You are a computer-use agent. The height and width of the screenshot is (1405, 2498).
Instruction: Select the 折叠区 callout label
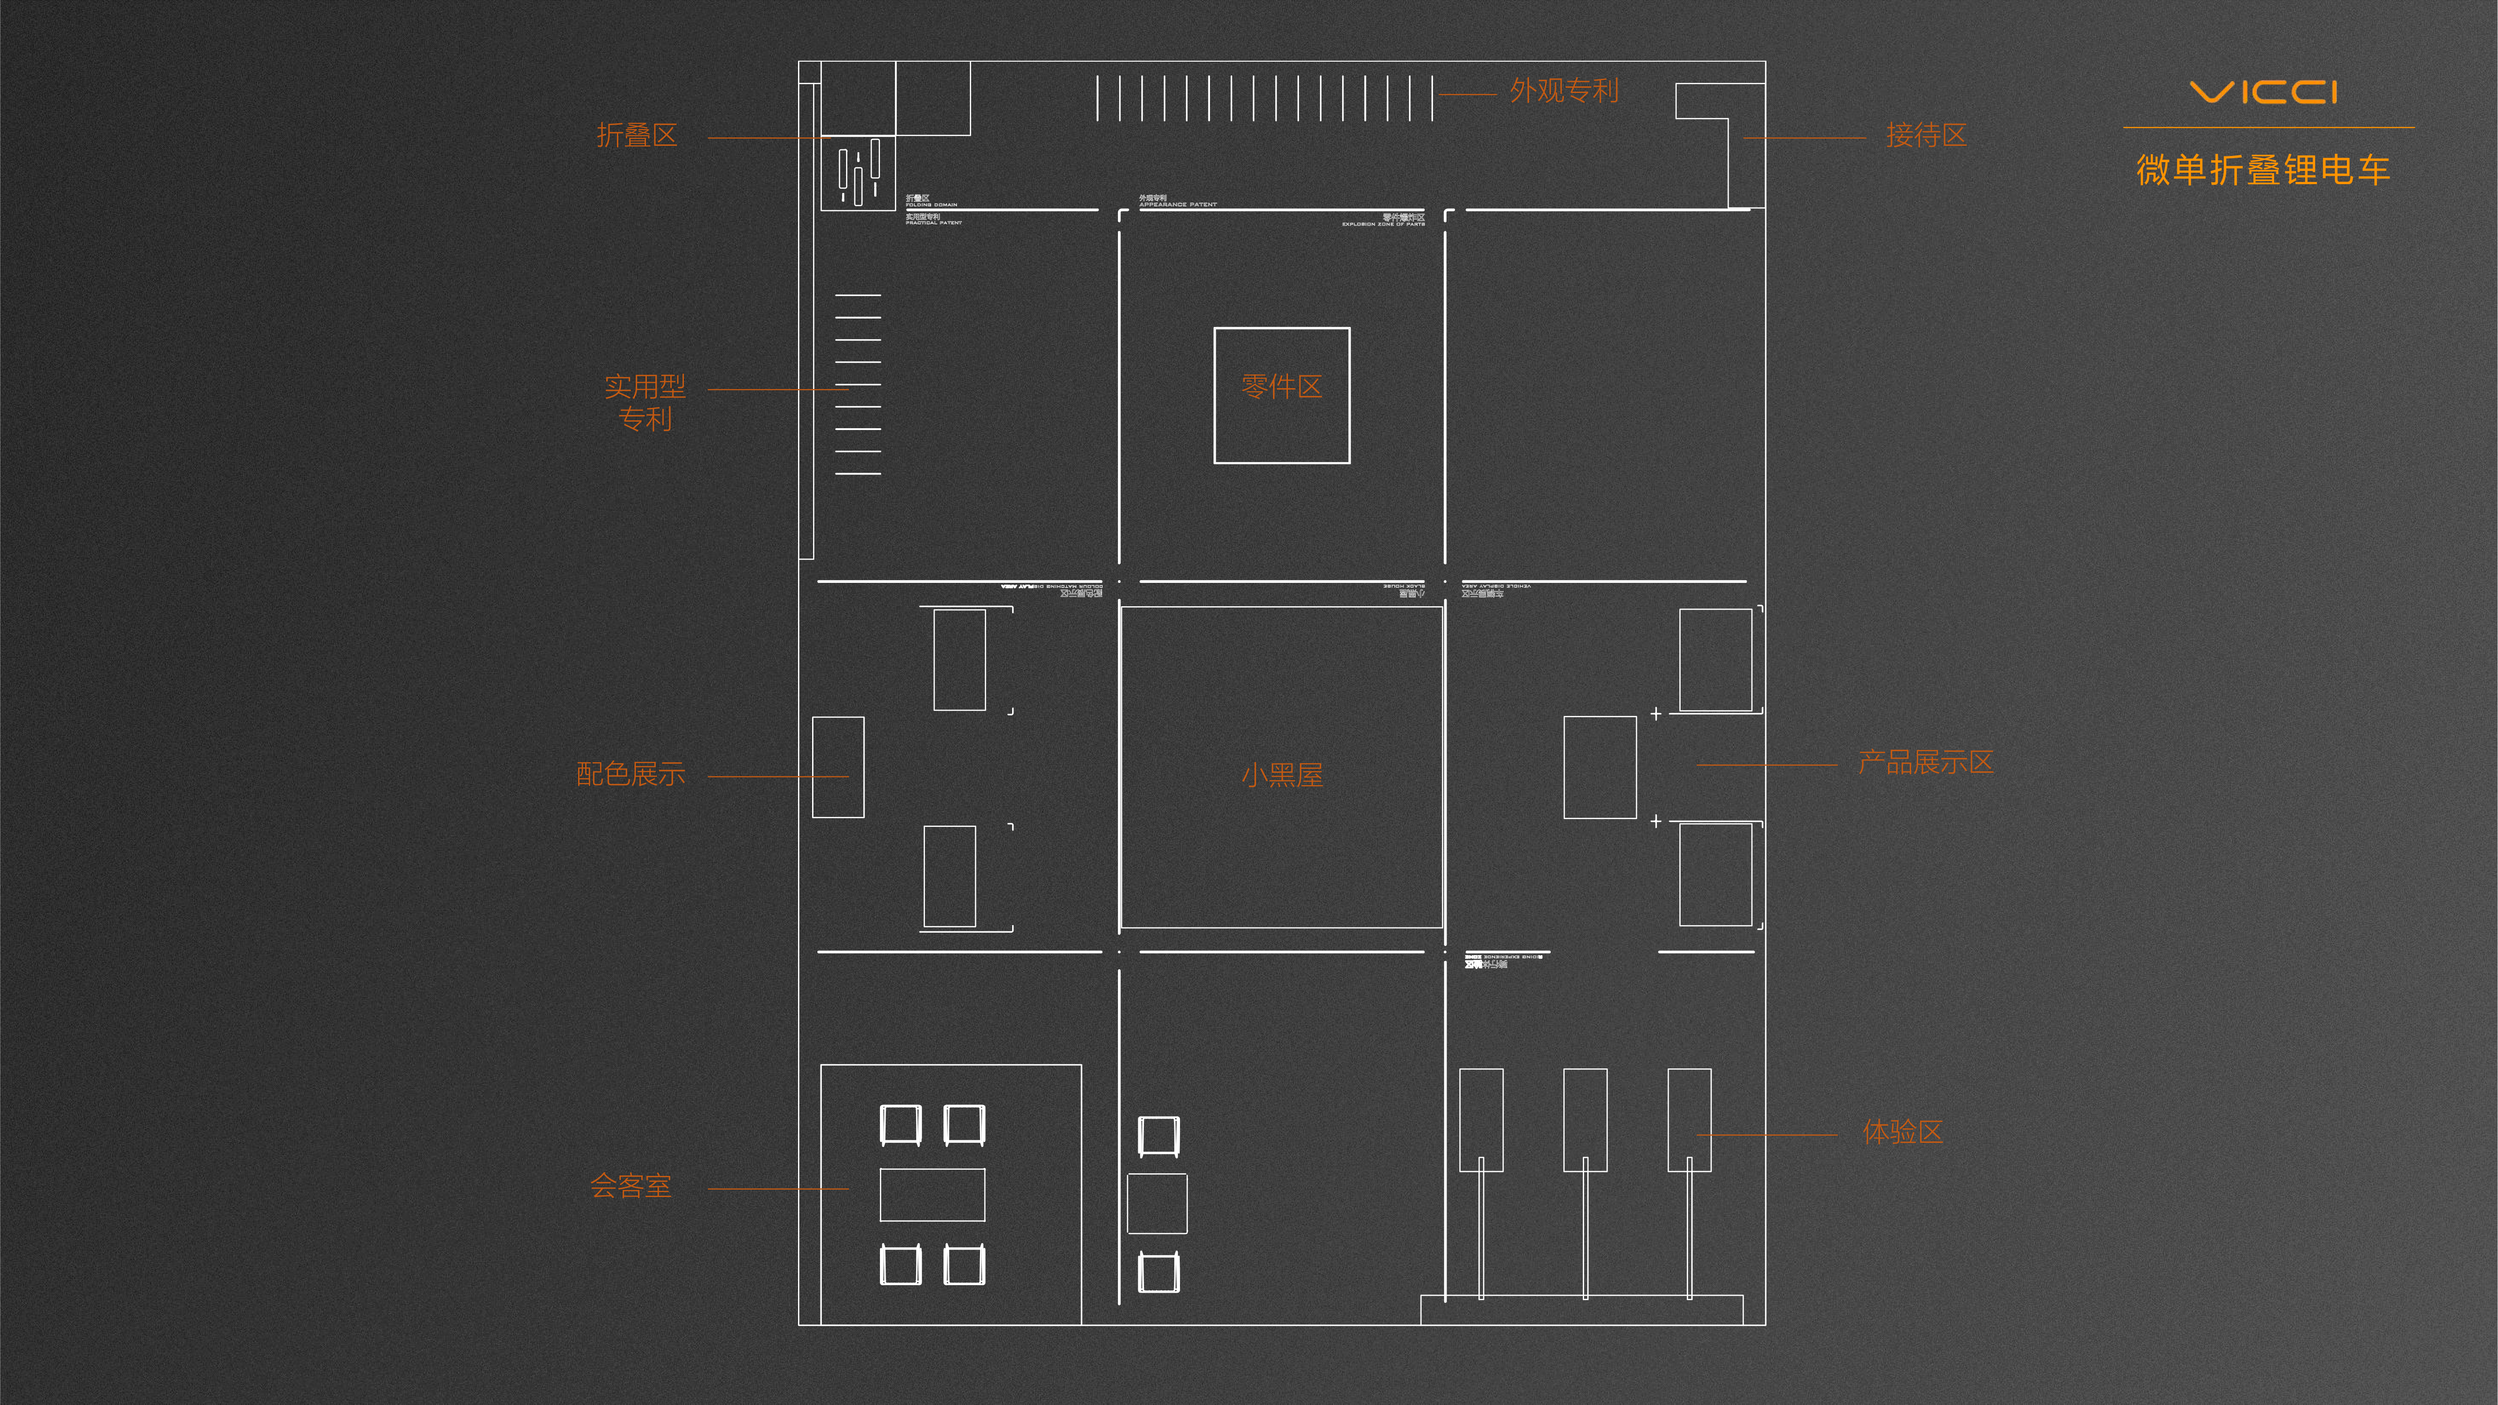[x=636, y=136]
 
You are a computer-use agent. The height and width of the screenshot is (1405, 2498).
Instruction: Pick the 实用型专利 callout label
[x=645, y=402]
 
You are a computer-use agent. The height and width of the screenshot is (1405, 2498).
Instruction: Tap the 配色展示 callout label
[x=630, y=774]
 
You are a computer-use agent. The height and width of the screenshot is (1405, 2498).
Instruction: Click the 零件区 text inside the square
[x=1281, y=387]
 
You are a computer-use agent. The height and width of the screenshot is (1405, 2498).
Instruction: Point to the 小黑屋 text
[x=1281, y=775]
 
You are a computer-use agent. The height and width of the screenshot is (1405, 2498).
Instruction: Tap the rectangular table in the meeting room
[x=932, y=1194]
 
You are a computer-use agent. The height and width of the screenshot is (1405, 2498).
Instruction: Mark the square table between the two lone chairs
[x=1157, y=1203]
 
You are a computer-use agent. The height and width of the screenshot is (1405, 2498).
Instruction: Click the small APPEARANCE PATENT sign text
[x=1177, y=204]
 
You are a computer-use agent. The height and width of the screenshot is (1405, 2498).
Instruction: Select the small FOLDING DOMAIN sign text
[x=931, y=204]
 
